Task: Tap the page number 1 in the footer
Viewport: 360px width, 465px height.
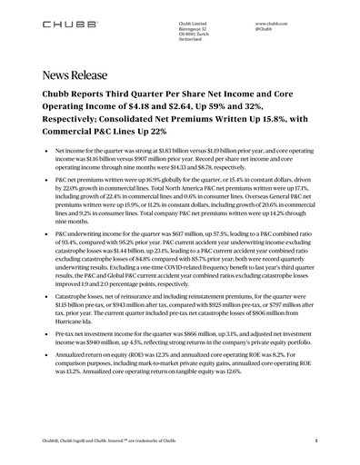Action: [x=313, y=440]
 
